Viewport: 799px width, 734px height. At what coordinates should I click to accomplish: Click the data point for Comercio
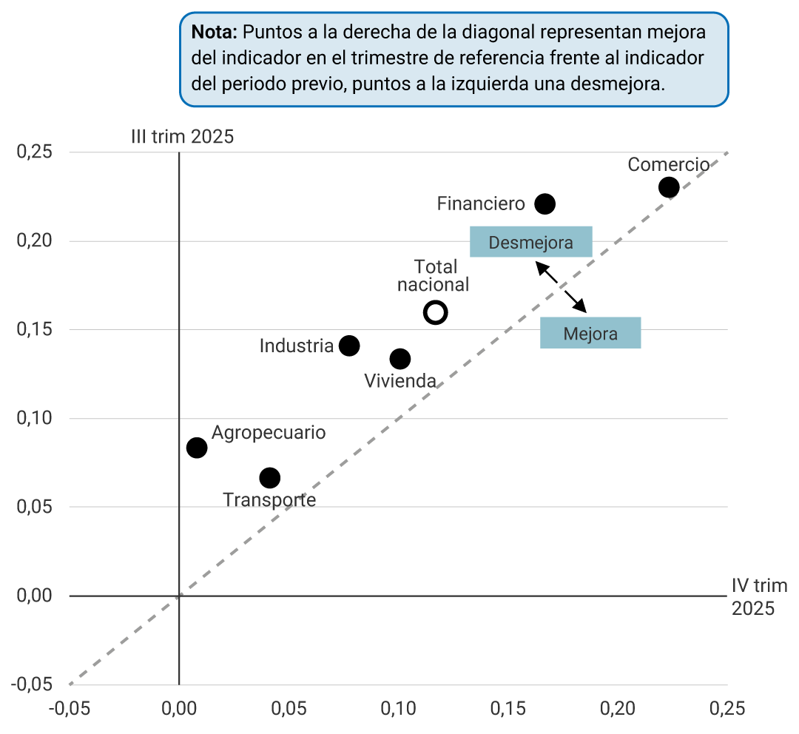(x=669, y=187)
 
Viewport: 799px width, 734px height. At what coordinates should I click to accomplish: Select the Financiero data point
(x=545, y=204)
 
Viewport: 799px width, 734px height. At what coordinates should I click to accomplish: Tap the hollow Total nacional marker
(x=435, y=313)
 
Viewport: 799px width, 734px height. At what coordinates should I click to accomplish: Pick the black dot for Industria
(x=349, y=346)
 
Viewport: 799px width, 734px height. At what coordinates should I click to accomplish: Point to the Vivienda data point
(x=400, y=359)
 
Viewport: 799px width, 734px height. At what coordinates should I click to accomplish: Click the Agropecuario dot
(x=197, y=448)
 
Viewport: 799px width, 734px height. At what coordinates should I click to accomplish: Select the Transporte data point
(x=270, y=478)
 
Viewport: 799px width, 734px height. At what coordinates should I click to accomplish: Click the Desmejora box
(x=531, y=242)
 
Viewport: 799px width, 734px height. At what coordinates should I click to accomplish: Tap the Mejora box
(x=590, y=333)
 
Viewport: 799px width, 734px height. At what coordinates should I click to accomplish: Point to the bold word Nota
(x=214, y=33)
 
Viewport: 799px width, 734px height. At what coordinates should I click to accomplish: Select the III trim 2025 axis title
(x=182, y=137)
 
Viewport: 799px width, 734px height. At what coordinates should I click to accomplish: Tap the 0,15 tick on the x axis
(x=508, y=708)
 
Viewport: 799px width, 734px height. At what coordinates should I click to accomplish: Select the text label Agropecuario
(x=269, y=433)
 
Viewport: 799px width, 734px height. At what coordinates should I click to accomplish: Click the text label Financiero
(x=481, y=203)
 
